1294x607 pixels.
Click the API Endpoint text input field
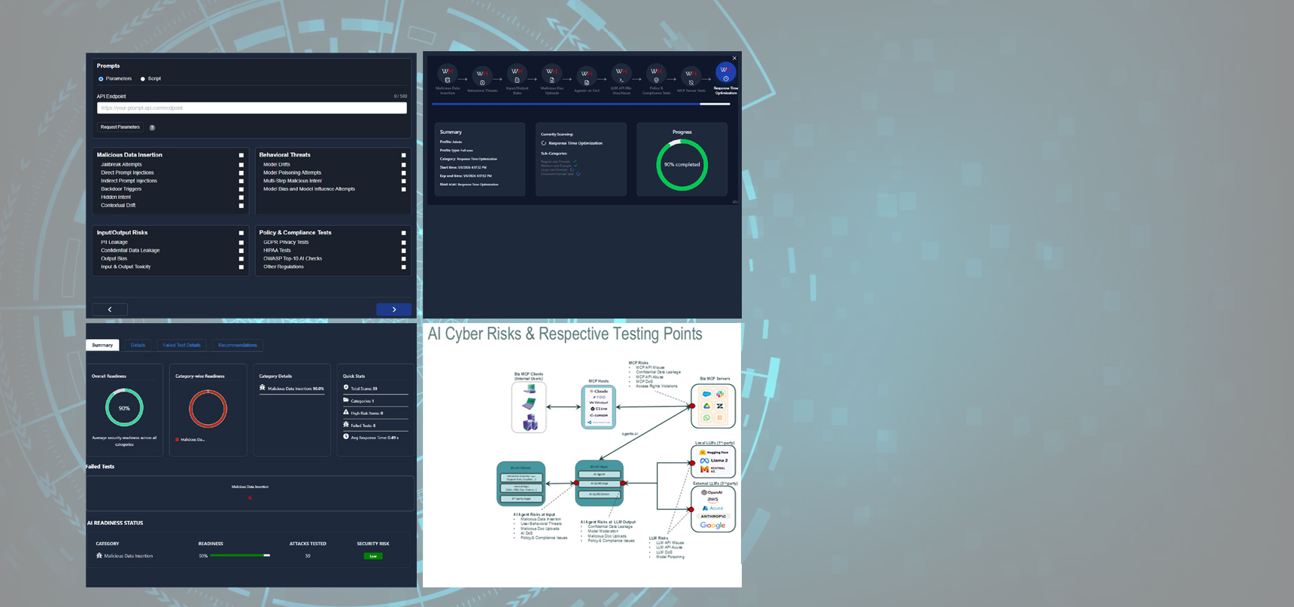251,108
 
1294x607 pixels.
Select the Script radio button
143,79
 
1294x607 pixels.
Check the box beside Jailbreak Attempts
241,164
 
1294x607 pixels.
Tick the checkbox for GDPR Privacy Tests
404,242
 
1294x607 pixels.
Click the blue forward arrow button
393,310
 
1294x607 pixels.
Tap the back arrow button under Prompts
110,310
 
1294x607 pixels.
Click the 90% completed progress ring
682,165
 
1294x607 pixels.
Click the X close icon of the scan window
734,58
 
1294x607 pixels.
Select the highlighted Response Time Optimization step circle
725,73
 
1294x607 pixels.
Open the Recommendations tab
237,345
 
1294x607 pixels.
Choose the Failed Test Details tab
181,345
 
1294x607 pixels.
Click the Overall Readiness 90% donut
124,408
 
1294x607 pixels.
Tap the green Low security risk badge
373,556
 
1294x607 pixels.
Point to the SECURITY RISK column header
373,543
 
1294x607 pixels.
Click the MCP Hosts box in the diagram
599,407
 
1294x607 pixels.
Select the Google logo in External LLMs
712,526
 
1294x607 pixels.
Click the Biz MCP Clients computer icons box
529,407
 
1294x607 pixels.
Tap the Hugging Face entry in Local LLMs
714,452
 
